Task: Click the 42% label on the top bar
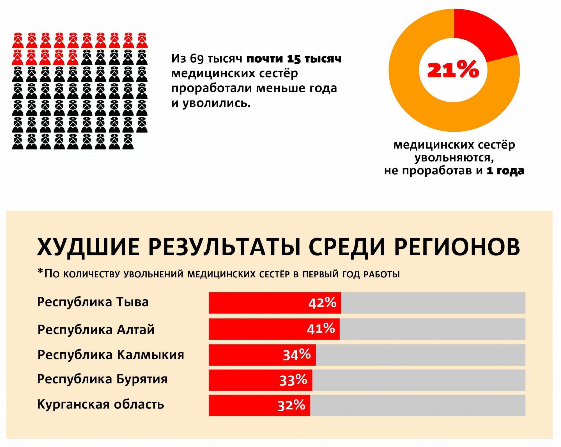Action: tap(322, 303)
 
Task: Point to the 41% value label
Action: tap(321, 329)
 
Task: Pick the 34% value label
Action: tap(297, 355)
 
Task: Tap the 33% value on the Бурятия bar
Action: tap(293, 380)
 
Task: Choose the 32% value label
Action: tap(291, 405)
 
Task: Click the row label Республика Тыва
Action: tap(93, 302)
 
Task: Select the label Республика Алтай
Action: tap(96, 329)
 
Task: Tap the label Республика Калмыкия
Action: tap(111, 355)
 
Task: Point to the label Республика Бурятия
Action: tap(102, 379)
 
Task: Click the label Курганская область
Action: tap(100, 405)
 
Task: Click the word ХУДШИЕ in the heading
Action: tap(88, 247)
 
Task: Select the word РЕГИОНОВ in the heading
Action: tap(457, 247)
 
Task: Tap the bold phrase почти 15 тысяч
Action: tap(294, 59)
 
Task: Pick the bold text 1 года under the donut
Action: tap(505, 171)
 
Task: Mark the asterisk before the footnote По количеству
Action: tap(40, 272)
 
